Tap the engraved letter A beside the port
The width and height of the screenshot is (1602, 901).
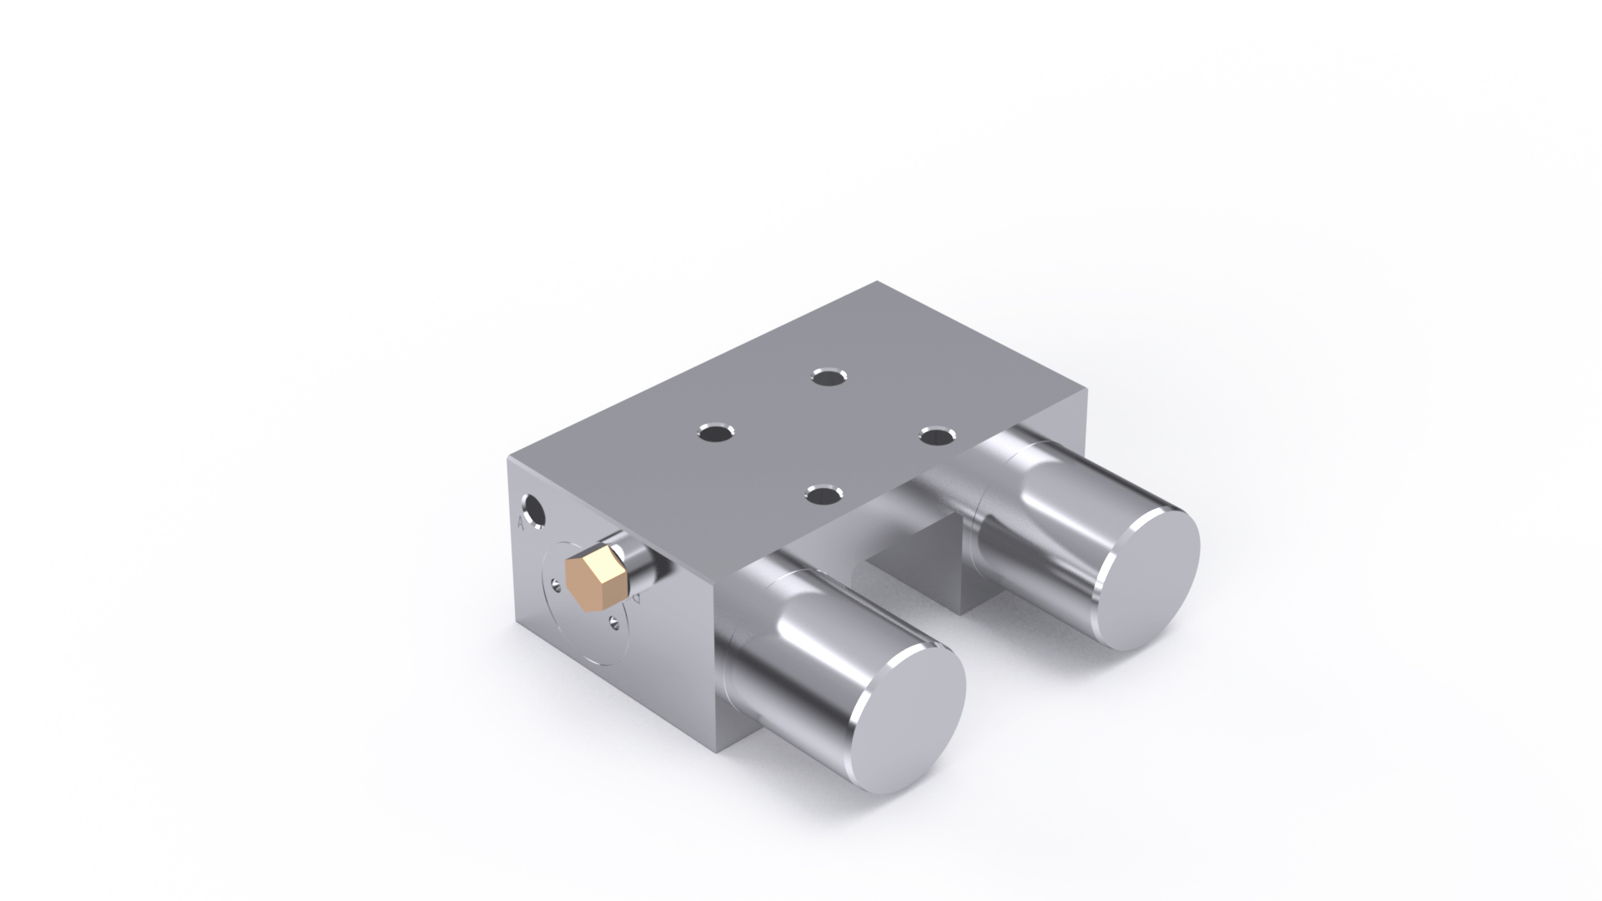(x=521, y=523)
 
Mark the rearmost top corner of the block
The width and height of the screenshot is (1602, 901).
(x=878, y=282)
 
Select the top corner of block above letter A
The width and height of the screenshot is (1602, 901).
(x=509, y=457)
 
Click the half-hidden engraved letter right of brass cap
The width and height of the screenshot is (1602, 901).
(x=637, y=599)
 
